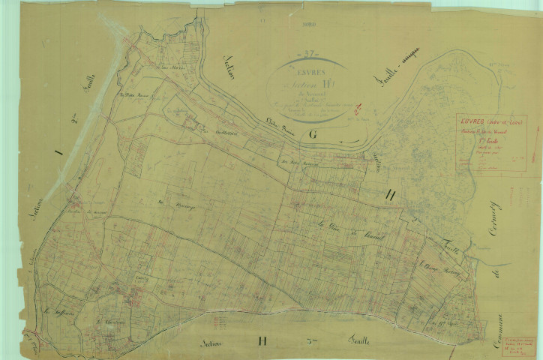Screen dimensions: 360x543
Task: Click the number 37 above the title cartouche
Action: (x=305, y=53)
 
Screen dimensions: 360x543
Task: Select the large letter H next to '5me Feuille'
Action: (x=262, y=341)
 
